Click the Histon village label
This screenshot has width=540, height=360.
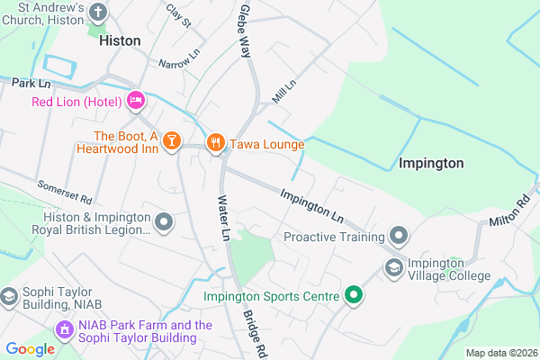point(121,40)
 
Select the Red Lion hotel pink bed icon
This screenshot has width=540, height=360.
point(136,101)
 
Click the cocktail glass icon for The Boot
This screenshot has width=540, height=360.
point(171,139)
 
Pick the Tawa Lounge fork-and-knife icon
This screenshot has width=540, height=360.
point(215,142)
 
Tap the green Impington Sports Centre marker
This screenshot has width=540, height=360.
point(355,294)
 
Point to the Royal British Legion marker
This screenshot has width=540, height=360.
point(165,220)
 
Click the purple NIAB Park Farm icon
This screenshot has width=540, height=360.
point(64,331)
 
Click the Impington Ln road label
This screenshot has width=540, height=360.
point(312,205)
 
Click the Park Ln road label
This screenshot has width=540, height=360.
point(29,83)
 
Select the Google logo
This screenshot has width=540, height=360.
point(30,349)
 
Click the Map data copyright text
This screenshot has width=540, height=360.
point(500,352)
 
